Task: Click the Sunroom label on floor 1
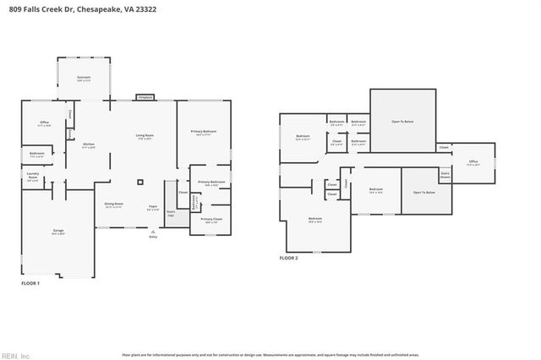(x=84, y=77)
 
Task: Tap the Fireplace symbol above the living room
(x=145, y=97)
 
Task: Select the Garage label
(x=59, y=232)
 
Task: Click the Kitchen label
(x=88, y=145)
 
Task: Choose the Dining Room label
(x=114, y=205)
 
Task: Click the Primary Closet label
(x=210, y=220)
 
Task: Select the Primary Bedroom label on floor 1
(x=204, y=132)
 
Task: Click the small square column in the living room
(x=141, y=182)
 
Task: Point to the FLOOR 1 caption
(x=30, y=284)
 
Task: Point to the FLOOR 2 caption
(x=289, y=259)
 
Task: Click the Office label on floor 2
(x=472, y=163)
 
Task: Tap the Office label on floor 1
(x=44, y=123)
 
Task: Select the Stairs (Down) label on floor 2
(x=445, y=175)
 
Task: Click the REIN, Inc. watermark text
(x=14, y=355)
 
